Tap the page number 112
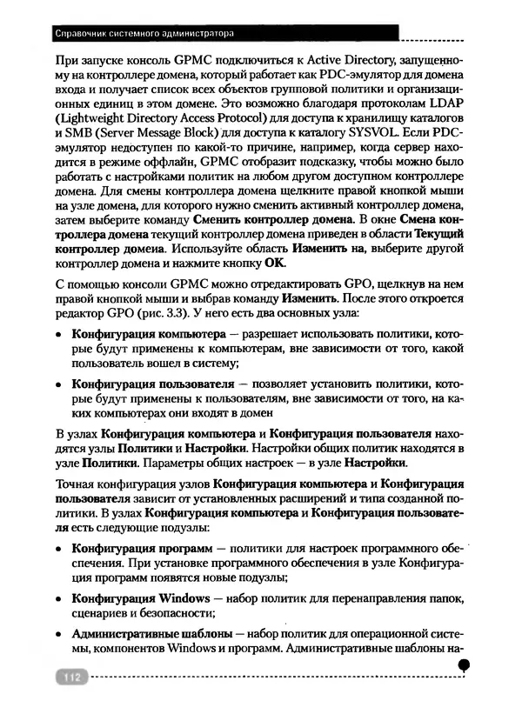(70, 676)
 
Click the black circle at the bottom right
(464, 664)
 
